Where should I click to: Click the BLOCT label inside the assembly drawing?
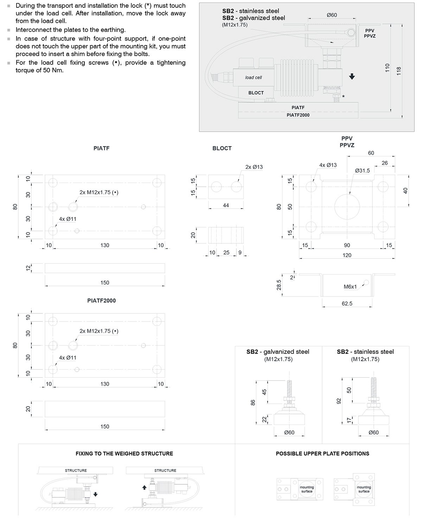[256, 93]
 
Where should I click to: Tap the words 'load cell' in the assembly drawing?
[254, 77]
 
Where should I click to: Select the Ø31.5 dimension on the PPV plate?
[363, 171]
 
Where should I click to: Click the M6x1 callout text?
[350, 287]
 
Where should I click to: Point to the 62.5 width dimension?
[347, 303]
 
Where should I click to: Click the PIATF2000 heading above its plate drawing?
[101, 301]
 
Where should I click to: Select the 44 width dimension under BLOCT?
[226, 205]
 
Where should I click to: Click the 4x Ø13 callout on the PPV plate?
[328, 165]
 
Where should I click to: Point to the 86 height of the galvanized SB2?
[252, 403]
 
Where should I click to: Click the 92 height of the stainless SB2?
[338, 401]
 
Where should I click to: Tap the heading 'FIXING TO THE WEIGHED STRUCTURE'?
[124, 454]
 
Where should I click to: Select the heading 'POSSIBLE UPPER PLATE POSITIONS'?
[322, 454]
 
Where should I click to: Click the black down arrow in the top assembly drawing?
[352, 77]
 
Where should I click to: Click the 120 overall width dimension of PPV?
[347, 255]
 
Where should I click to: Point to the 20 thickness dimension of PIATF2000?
[28, 409]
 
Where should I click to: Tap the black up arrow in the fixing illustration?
[144, 488]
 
